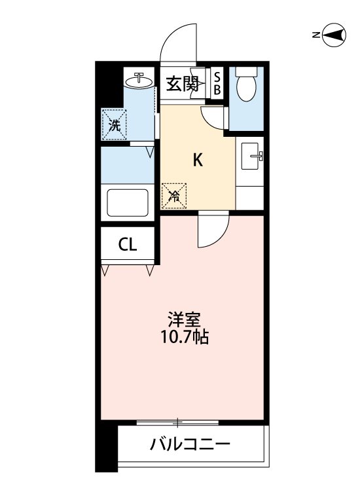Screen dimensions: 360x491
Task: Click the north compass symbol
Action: (x=334, y=35)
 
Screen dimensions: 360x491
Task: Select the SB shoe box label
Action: (x=217, y=83)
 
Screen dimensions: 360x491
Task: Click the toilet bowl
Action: (x=246, y=89)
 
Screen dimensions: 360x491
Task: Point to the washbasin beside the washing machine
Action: (x=139, y=81)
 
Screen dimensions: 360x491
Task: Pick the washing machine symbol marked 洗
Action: (x=114, y=124)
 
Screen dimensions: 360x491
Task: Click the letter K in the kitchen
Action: (x=198, y=160)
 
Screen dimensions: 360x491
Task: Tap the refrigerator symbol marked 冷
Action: (x=173, y=196)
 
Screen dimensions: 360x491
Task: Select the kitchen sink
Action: (x=252, y=156)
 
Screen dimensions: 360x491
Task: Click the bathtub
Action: (x=128, y=202)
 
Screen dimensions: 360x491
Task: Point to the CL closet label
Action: (x=128, y=245)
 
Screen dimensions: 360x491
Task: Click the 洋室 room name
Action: (x=184, y=319)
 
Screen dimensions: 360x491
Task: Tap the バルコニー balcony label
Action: (x=190, y=444)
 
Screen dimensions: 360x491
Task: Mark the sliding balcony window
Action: (x=177, y=422)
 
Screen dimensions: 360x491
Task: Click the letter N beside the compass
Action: (x=316, y=35)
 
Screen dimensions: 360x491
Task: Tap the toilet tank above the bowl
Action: (x=246, y=71)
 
